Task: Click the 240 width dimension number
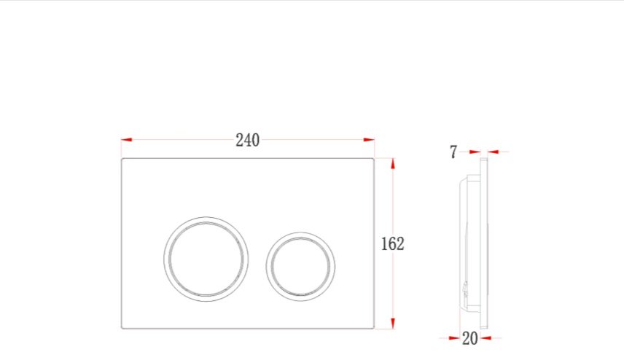coord(248,140)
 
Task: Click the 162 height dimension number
coord(392,244)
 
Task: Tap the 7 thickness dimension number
coord(453,152)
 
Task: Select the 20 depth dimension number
coord(470,339)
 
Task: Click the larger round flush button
coord(206,217)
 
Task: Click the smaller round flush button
coord(300,232)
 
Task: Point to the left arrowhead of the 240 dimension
coord(127,140)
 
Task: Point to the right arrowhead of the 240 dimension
coord(369,140)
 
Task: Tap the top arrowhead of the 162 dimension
coord(393,164)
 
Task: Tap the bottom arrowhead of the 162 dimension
coord(393,324)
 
